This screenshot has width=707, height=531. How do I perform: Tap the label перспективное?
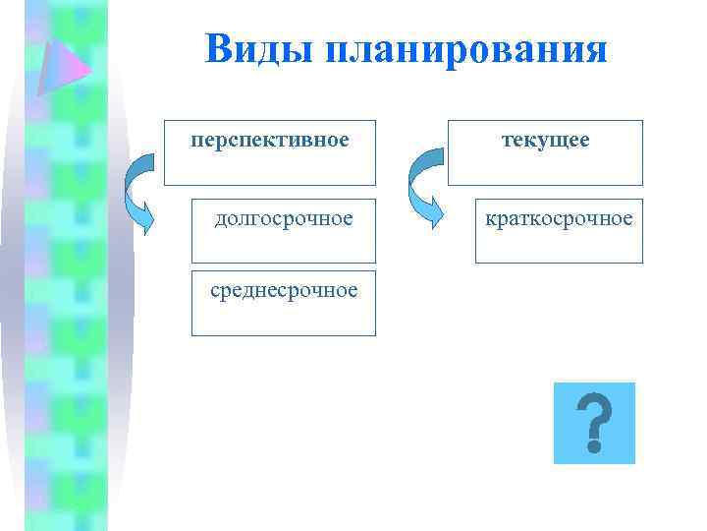tap(270, 140)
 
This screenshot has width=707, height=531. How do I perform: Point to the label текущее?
tap(546, 140)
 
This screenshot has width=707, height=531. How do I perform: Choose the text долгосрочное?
tap(284, 218)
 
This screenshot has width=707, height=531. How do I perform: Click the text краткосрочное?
tap(559, 217)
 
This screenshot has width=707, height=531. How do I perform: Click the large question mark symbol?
tap(593, 421)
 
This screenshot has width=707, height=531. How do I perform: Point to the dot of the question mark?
tap(593, 445)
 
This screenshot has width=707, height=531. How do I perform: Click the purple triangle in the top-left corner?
tap(61, 64)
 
